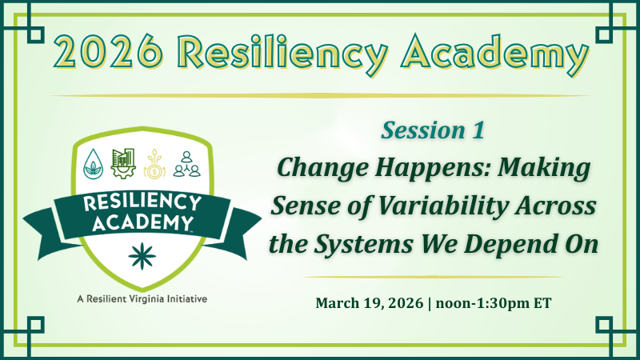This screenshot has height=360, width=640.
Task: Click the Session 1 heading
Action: coord(433,130)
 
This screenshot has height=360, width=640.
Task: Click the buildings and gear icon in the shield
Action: coord(123,162)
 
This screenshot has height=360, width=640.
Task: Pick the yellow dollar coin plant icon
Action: coord(154,163)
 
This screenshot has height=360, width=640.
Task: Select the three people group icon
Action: coord(186,163)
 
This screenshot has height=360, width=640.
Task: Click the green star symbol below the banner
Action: coord(142,257)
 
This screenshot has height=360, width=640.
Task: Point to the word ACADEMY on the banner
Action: coord(138,222)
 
